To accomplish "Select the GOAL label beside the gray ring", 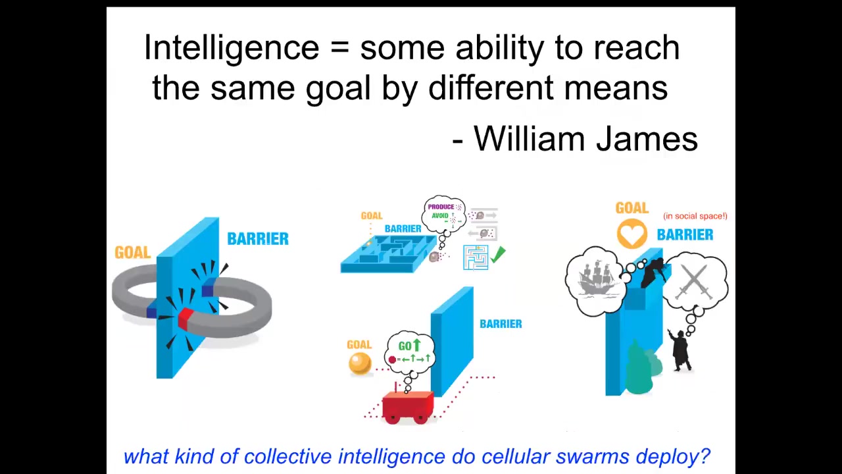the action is [133, 252].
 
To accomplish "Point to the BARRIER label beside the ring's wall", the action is [258, 239].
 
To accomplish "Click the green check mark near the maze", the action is [498, 255].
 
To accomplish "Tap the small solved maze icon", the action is [476, 257].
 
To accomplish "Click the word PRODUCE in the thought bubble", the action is [441, 207].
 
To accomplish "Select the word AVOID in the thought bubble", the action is [440, 215].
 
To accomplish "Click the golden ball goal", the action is [360, 363].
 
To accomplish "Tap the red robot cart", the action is [408, 407].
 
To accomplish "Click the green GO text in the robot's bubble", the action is [405, 346].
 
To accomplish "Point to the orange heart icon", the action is [632, 234].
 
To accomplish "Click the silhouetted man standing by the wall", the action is [680, 350].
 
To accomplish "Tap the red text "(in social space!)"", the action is [695, 216].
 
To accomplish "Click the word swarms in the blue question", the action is [593, 456].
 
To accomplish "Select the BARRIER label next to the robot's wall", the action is [501, 324].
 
